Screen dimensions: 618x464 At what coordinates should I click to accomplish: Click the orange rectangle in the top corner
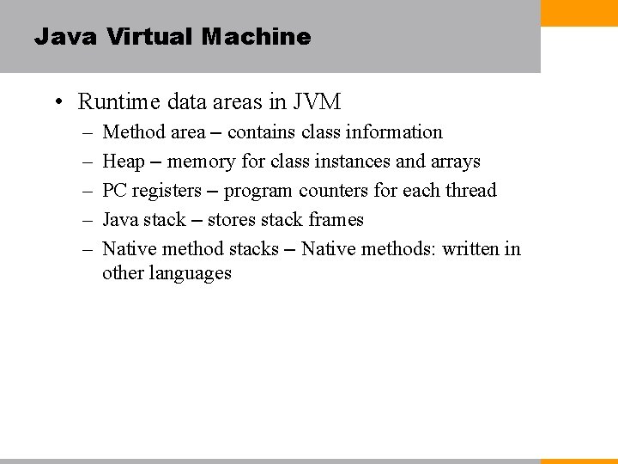(579, 12)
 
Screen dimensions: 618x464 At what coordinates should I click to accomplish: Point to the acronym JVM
(317, 102)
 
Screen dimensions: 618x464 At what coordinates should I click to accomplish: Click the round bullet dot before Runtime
(58, 103)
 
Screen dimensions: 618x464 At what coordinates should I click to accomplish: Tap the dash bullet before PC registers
(88, 191)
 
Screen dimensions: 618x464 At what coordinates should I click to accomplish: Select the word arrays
(455, 162)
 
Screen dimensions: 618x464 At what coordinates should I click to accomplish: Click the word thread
(470, 190)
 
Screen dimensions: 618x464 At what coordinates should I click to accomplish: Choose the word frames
(336, 220)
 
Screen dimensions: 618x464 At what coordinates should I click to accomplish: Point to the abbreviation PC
(114, 191)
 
